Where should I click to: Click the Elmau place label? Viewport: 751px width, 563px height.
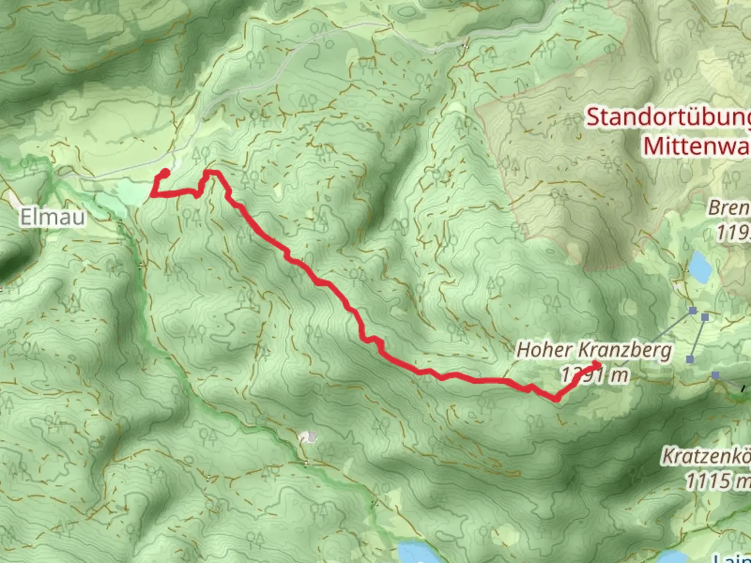[52, 216]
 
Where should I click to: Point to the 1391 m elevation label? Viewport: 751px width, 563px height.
[595, 374]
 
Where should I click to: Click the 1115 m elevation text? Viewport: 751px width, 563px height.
[718, 480]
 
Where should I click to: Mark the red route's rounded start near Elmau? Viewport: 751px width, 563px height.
[165, 173]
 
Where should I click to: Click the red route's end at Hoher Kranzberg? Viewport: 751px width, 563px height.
[596, 365]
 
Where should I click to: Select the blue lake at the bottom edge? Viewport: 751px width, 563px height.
[414, 552]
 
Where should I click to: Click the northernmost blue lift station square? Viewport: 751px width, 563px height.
[693, 311]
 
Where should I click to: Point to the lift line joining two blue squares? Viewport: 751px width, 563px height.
[698, 338]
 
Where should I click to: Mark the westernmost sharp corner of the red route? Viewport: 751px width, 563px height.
[152, 195]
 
